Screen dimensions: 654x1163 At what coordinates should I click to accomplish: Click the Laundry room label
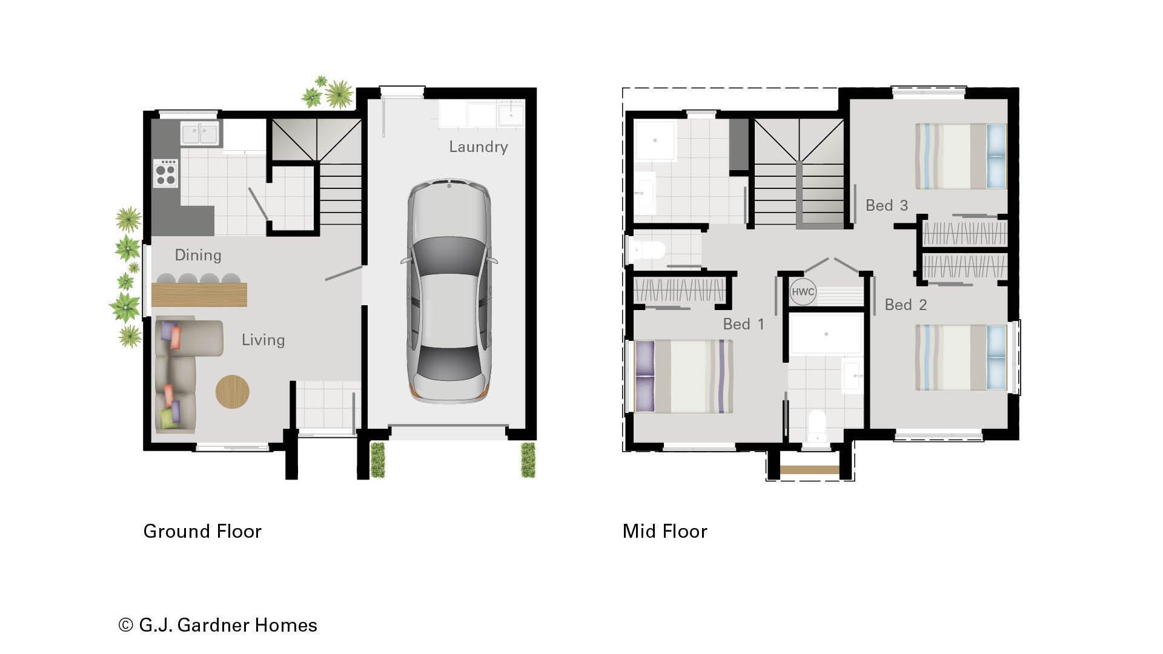tap(478, 147)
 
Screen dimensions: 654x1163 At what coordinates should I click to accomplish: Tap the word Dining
tap(197, 255)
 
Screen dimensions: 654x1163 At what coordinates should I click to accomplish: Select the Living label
tap(263, 340)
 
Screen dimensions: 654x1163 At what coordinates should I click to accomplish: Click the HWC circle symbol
tap(803, 292)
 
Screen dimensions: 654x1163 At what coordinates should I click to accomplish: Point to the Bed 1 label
tap(743, 324)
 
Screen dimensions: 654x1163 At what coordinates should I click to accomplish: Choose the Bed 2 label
tap(906, 305)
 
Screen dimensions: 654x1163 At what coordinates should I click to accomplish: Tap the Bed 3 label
tap(886, 206)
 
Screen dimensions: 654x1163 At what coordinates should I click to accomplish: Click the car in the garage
tap(449, 291)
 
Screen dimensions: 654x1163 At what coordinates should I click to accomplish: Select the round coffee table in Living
tap(233, 391)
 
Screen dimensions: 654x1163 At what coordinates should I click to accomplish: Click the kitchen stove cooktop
tap(165, 173)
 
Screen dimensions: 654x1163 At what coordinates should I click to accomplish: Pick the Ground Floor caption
tap(202, 531)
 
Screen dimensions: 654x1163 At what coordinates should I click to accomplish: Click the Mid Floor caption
tap(664, 531)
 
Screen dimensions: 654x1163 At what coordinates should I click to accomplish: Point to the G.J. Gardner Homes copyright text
tap(218, 625)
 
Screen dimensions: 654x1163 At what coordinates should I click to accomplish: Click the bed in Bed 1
tap(684, 377)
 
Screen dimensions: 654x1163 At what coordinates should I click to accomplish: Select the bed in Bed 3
tap(961, 156)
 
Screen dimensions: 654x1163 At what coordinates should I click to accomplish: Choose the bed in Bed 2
tap(961, 357)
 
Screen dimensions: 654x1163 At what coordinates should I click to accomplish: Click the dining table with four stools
tap(199, 294)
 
